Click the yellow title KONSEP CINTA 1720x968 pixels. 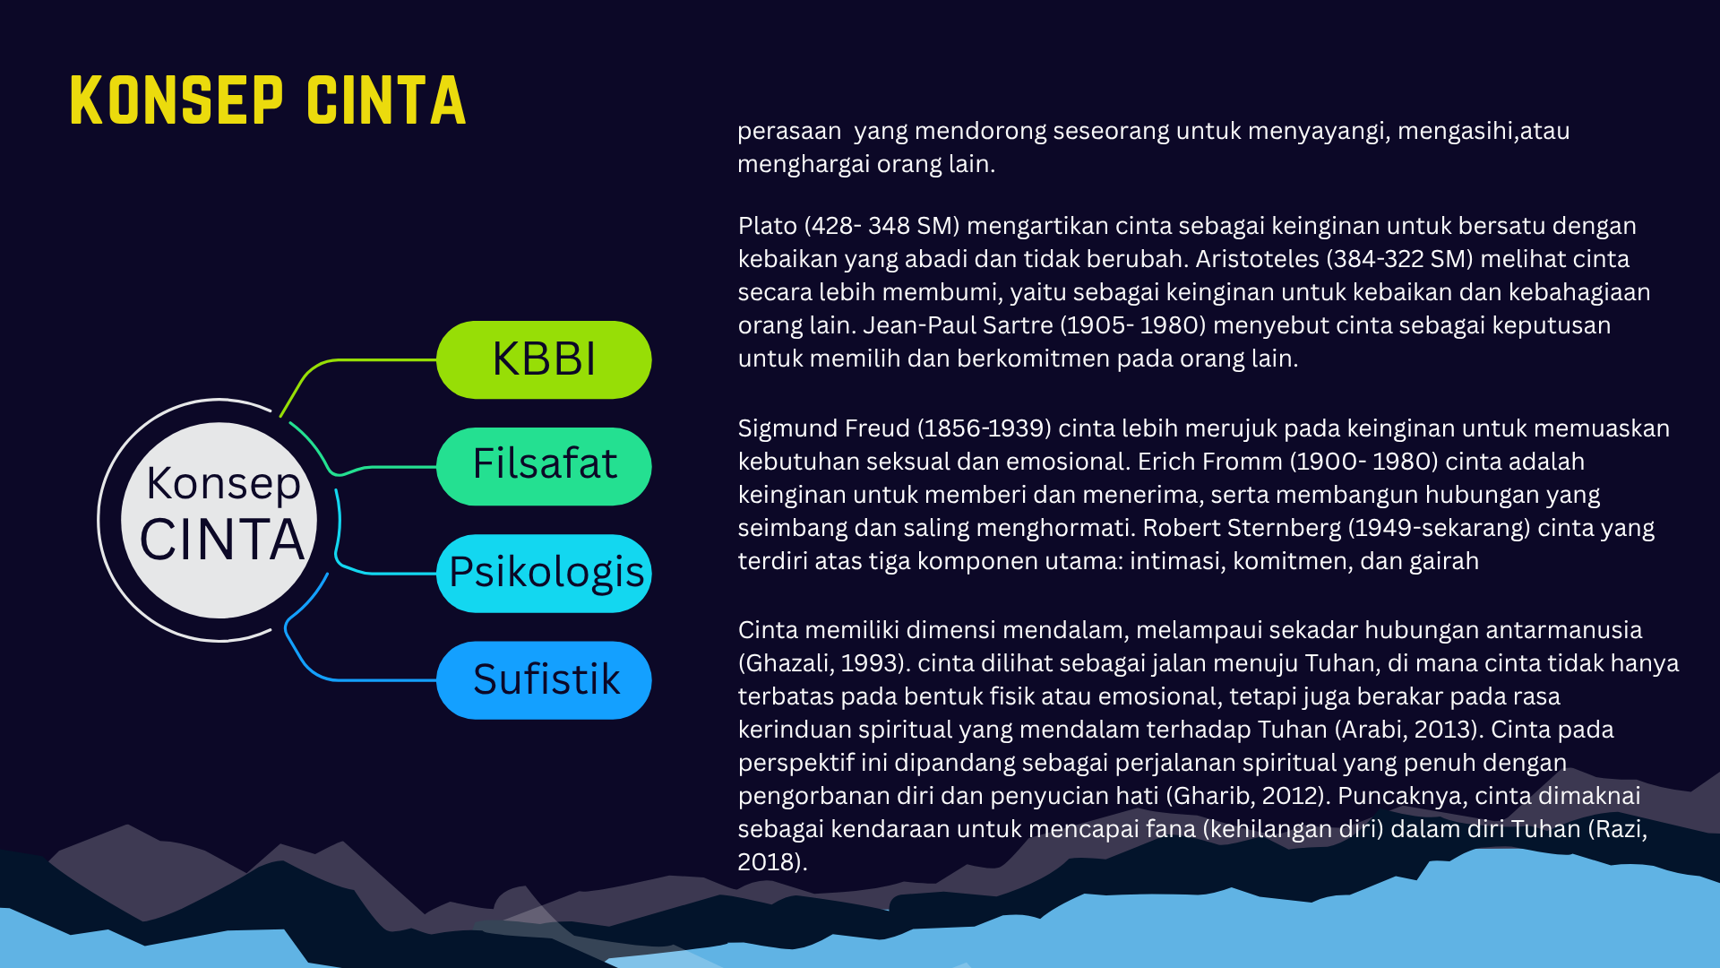[x=268, y=100]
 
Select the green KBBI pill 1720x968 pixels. [x=544, y=359]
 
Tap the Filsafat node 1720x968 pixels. [x=544, y=466]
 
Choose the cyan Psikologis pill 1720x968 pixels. [x=544, y=574]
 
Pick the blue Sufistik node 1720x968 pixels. [x=544, y=680]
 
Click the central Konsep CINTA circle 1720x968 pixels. [x=219, y=520]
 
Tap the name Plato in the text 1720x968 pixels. [x=768, y=226]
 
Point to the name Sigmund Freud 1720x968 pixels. [x=823, y=428]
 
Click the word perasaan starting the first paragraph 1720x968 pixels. [x=789, y=132]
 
